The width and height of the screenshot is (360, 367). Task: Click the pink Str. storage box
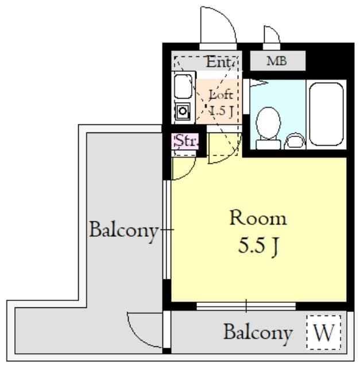(x=185, y=140)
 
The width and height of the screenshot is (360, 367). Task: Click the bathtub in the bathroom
(x=326, y=114)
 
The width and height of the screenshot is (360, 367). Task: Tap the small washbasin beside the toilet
(x=296, y=140)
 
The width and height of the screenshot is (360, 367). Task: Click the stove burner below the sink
(x=183, y=111)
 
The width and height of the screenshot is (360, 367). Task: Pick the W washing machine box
(x=324, y=333)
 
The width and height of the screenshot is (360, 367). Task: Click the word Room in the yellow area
(x=258, y=218)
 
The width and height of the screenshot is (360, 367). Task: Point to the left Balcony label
(x=123, y=231)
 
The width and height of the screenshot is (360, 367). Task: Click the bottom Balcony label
(x=258, y=333)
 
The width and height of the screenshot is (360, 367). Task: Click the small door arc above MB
(x=272, y=36)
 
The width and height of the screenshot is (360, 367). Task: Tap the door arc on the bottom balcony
(x=145, y=330)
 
